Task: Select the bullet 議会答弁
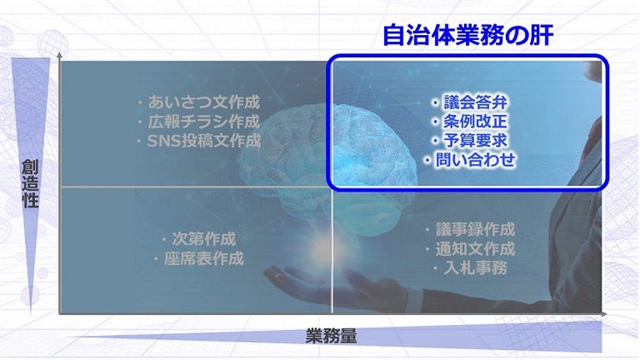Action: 474,104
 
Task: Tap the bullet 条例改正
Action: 474,122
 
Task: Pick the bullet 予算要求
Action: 474,141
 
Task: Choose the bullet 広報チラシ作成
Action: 198,122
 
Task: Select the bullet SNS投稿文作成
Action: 198,141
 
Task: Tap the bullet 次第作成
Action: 198,239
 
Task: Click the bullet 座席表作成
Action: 198,258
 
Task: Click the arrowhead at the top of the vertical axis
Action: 59,55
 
